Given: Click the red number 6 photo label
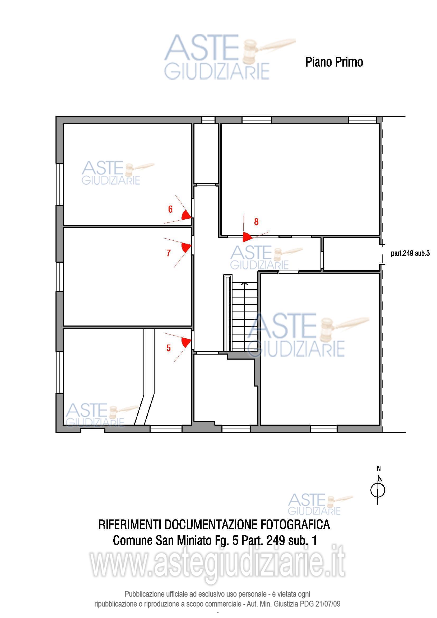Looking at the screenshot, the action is (170, 209).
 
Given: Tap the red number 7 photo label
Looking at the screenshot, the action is (169, 253).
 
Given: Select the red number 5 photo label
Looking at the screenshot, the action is (169, 348).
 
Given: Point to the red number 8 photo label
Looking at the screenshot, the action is (256, 222).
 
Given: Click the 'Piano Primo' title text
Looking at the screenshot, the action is (334, 62).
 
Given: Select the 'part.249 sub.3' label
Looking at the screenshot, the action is (410, 253).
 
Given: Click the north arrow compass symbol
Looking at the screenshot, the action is (378, 490).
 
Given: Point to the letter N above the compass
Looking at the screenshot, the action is (379, 469).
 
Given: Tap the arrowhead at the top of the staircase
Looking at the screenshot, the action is (244, 283).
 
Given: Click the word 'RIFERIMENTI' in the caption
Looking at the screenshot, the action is (130, 525).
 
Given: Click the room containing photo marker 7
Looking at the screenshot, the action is (127, 277).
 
